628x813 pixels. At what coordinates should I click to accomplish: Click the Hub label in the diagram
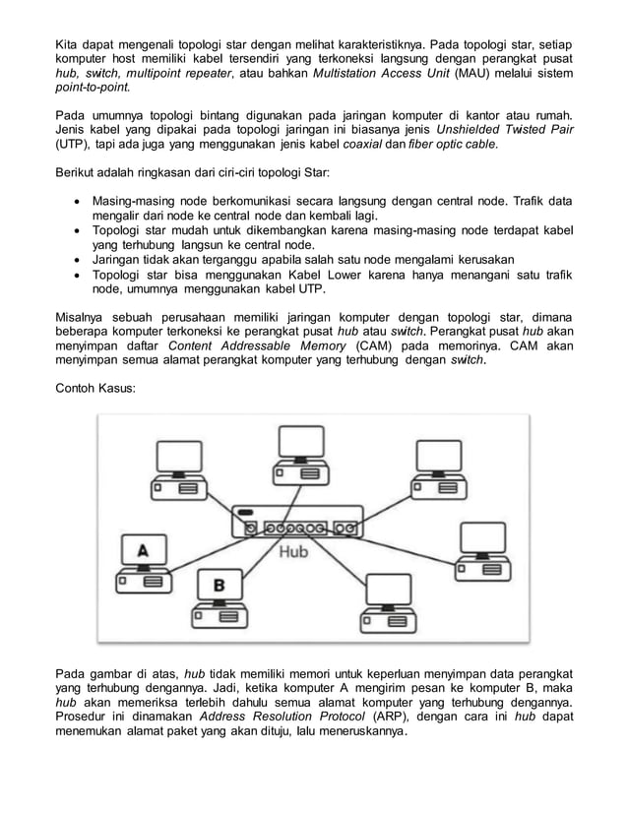click(292, 551)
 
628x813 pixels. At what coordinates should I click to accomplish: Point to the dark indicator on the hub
click(246, 512)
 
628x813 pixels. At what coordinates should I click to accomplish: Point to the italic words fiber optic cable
click(453, 146)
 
